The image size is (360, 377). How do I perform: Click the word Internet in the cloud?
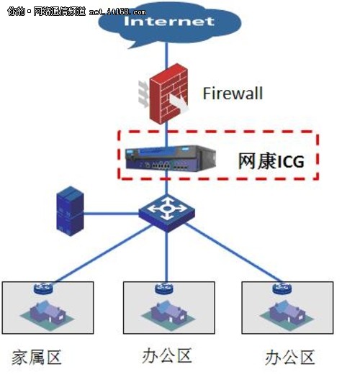[169, 21]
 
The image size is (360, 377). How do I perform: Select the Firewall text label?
[232, 94]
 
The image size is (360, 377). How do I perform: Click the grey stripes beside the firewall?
[140, 93]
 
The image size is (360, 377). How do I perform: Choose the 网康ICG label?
[271, 161]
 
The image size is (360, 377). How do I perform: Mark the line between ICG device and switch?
[166, 186]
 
